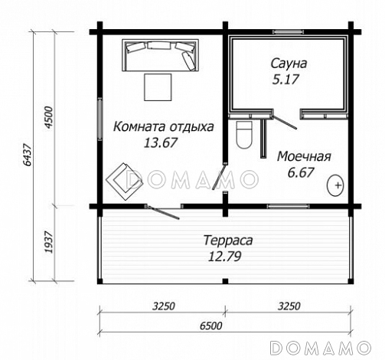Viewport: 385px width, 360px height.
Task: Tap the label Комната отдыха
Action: click(x=163, y=126)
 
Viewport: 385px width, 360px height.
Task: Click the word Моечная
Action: click(x=303, y=156)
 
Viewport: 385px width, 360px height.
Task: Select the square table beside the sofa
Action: click(x=159, y=87)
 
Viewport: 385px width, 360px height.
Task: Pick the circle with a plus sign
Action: click(x=337, y=184)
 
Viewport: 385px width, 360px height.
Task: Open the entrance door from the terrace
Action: click(x=162, y=209)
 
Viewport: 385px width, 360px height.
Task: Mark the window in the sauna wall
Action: click(x=286, y=31)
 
